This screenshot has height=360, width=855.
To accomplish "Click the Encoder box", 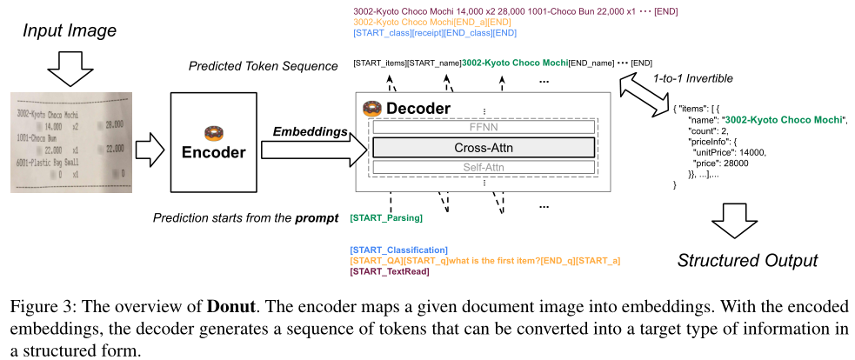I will click(213, 144).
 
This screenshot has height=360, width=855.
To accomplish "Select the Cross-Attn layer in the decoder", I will click(484, 147).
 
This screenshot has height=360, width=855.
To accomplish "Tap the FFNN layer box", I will click(484, 127).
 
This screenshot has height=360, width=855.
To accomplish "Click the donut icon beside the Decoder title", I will click(372, 109).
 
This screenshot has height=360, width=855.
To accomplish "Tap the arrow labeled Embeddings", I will click(309, 150).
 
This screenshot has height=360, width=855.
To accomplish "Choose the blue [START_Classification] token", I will click(398, 250).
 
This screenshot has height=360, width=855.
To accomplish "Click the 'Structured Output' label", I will click(747, 260).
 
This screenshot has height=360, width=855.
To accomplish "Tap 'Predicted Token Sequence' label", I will click(264, 67).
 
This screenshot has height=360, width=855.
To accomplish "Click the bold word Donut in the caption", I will click(230, 307).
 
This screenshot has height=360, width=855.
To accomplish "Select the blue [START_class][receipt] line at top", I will click(435, 33).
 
